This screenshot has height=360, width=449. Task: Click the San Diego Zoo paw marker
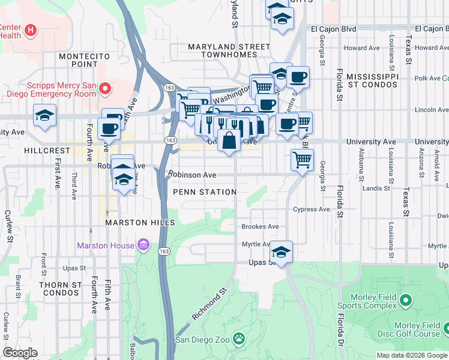(x=240, y=339)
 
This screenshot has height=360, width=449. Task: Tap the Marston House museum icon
(x=143, y=245)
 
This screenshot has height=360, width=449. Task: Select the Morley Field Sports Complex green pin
(x=406, y=299)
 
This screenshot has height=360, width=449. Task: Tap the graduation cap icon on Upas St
(x=280, y=251)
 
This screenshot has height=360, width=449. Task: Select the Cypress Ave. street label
(x=312, y=209)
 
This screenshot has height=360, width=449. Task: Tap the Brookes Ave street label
(x=260, y=227)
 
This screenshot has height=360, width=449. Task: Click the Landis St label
(x=376, y=188)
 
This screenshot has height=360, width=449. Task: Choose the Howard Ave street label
(x=363, y=48)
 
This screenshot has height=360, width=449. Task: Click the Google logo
(x=20, y=353)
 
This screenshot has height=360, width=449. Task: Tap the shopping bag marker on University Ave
(x=230, y=142)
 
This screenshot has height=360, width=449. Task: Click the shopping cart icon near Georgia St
(x=302, y=160)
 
